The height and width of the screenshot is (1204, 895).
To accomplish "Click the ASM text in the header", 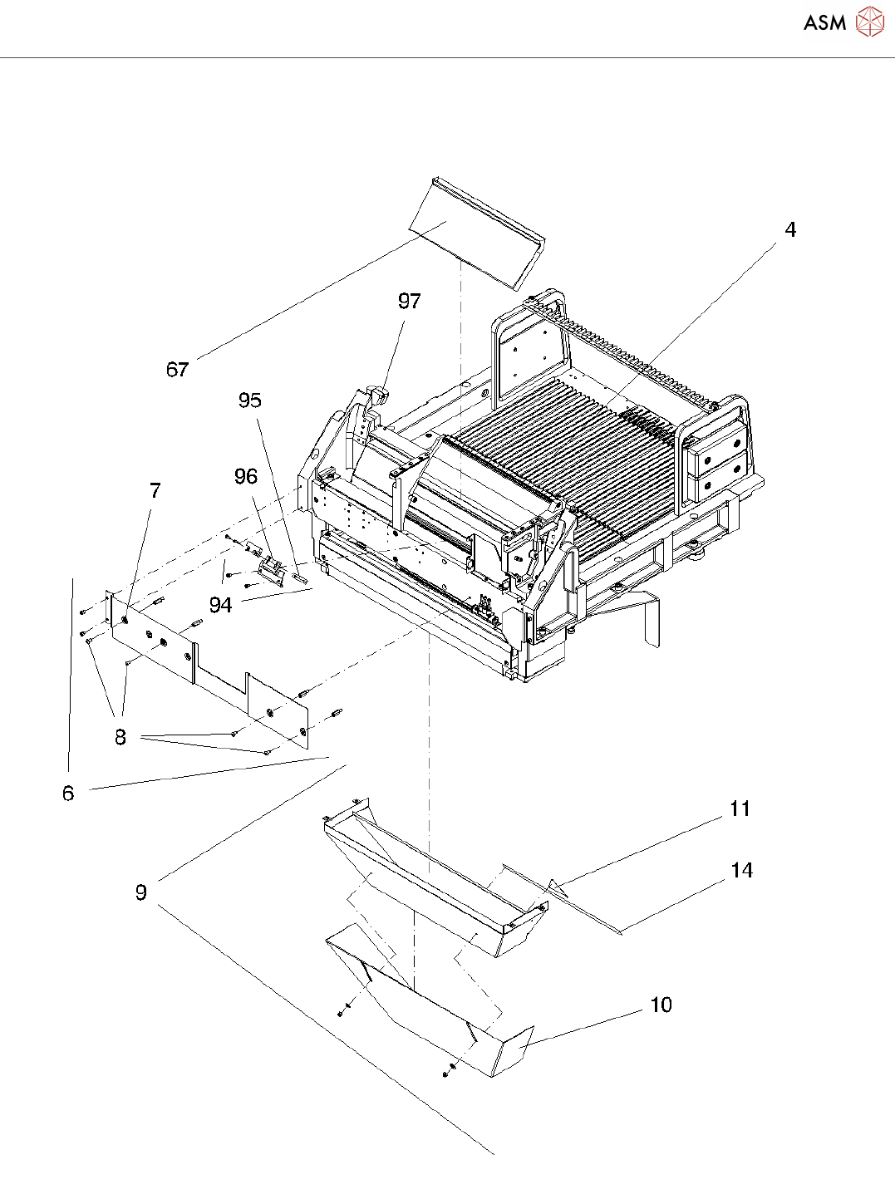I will (824, 23).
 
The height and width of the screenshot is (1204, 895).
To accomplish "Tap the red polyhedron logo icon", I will (870, 22).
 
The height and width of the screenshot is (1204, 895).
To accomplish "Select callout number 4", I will (790, 229).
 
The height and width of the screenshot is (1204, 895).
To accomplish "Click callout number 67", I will (177, 370).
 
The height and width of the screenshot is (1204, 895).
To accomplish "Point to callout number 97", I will (409, 301).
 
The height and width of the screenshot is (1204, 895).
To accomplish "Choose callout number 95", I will (249, 401).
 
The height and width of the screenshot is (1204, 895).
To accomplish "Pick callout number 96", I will (245, 476).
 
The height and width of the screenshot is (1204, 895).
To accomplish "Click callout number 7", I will (155, 490).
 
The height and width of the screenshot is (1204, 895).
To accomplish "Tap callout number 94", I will (220, 605).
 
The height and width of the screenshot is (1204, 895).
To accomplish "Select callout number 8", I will (120, 737).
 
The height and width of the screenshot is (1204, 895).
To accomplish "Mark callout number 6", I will (68, 794).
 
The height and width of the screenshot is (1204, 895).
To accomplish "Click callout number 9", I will (141, 892).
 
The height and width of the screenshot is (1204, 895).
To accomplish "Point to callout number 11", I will (740, 808).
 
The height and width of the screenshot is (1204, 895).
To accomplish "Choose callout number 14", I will (741, 870).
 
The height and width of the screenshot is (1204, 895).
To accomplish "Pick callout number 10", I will (661, 1005).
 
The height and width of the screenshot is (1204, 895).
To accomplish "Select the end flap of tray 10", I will (514, 1049).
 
